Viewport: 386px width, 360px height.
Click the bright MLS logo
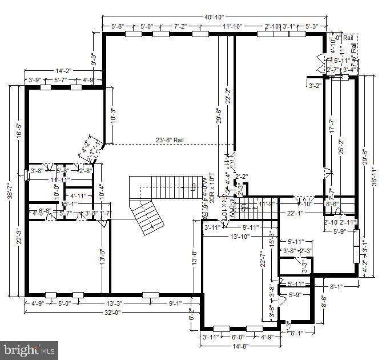tap(29, 348)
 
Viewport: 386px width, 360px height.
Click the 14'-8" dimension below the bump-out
tap(240, 346)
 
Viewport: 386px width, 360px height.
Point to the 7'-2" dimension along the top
tap(180, 26)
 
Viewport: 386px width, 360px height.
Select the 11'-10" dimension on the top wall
tap(233, 26)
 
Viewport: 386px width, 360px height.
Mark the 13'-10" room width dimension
tap(240, 237)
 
